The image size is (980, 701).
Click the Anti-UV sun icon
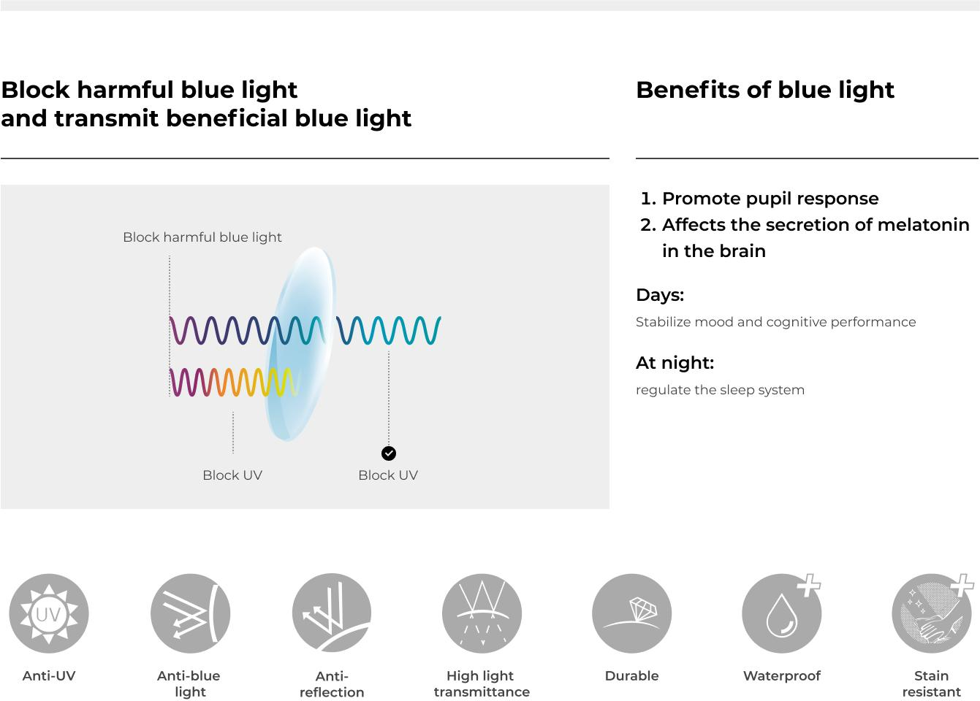pos(49,613)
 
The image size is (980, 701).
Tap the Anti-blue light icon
pos(190,613)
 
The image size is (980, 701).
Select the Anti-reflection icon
pos(332,613)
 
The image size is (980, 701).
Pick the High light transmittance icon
pos(482,613)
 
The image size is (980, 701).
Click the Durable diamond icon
pos(631,613)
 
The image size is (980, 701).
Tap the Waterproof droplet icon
pos(782,613)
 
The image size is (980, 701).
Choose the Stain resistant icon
pos(932,613)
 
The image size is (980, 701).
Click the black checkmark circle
pos(389,453)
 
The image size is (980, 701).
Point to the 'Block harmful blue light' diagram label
pos(202,237)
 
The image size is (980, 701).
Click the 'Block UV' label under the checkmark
pos(388,475)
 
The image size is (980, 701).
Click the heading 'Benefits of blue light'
pos(765,90)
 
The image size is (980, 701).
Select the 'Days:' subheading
pos(660,295)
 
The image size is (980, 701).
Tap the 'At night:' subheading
pos(675,363)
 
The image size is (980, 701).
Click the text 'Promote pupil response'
pos(770,199)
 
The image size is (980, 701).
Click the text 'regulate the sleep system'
pos(720,390)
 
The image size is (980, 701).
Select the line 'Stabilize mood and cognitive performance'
pos(775,322)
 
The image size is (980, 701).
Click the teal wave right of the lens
pos(389,330)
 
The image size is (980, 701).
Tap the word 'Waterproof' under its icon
pos(782,675)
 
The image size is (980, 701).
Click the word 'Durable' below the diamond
pos(631,675)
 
